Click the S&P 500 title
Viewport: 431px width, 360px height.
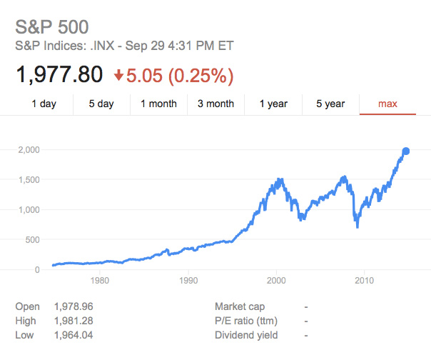tap(52, 27)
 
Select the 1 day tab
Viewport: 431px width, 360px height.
tap(44, 104)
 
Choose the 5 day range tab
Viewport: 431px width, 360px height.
tap(101, 104)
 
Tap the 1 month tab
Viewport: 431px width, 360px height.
tap(158, 104)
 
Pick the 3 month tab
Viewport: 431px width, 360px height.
tap(215, 104)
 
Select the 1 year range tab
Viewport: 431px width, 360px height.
tap(273, 104)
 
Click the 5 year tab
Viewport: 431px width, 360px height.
tap(330, 104)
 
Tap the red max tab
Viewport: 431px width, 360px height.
tap(387, 104)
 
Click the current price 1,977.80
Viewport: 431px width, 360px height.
tap(59, 74)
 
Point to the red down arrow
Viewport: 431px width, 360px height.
tap(118, 75)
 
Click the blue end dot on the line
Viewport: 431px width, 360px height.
tap(406, 151)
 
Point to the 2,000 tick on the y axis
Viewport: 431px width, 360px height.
tap(29, 150)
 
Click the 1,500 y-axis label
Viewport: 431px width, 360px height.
tap(29, 180)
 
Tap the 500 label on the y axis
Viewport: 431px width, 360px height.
tap(32, 240)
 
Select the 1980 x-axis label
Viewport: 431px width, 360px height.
tap(100, 281)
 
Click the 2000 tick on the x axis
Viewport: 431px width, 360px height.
tap(276, 281)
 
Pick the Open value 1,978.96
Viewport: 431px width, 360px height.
tap(73, 306)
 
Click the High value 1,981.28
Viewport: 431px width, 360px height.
tap(73, 321)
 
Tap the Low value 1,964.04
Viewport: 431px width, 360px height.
tap(73, 335)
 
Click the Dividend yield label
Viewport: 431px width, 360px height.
tap(246, 335)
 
